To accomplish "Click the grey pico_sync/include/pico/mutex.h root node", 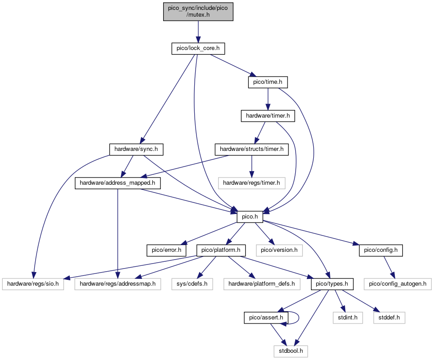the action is [198, 12].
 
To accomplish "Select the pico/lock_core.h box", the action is [198, 48].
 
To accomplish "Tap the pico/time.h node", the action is [268, 82].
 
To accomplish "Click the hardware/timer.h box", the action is [268, 116].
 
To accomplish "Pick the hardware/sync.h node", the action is [136, 150].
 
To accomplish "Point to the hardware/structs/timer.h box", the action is [251, 150].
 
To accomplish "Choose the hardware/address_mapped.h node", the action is [118, 183].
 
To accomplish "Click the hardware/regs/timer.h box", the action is [251, 183].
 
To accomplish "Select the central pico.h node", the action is [250, 217].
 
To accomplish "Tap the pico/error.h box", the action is [166, 251].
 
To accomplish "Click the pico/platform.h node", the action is [221, 251].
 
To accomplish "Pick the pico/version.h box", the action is [279, 251].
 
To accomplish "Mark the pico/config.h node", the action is [381, 251].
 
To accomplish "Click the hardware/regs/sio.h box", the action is [33, 284].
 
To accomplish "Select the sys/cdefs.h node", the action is [192, 284].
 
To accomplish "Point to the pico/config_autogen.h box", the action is [398, 284].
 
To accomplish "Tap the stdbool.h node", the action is [291, 351].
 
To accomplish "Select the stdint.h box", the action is [347, 318].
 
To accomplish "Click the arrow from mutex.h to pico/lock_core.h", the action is [198, 32].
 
